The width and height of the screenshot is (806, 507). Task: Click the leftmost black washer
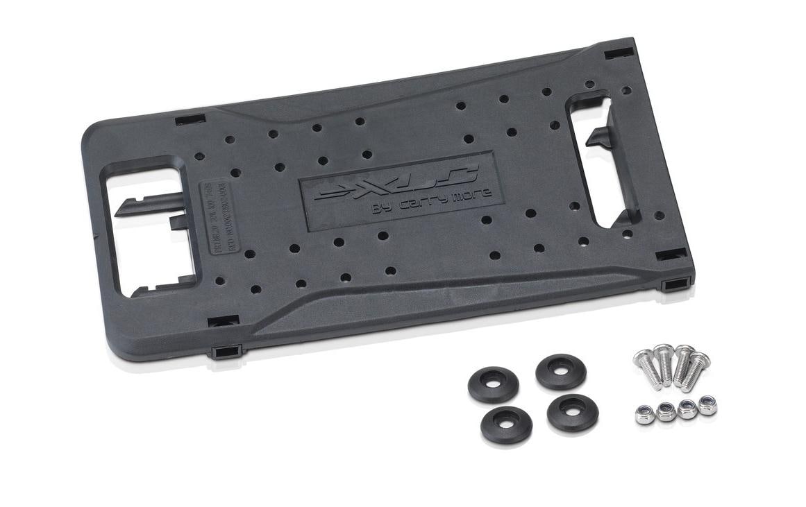(493, 384)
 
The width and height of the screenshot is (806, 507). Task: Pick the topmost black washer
(561, 371)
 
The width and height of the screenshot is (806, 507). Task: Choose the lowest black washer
(506, 424)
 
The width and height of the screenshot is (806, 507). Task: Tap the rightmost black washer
(573, 411)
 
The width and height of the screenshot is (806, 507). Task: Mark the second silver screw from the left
(664, 362)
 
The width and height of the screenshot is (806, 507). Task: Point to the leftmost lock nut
(645, 415)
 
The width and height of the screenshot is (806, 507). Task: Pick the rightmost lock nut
(707, 406)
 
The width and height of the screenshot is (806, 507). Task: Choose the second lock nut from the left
(666, 412)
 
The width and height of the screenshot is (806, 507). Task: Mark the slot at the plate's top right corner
(618, 53)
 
